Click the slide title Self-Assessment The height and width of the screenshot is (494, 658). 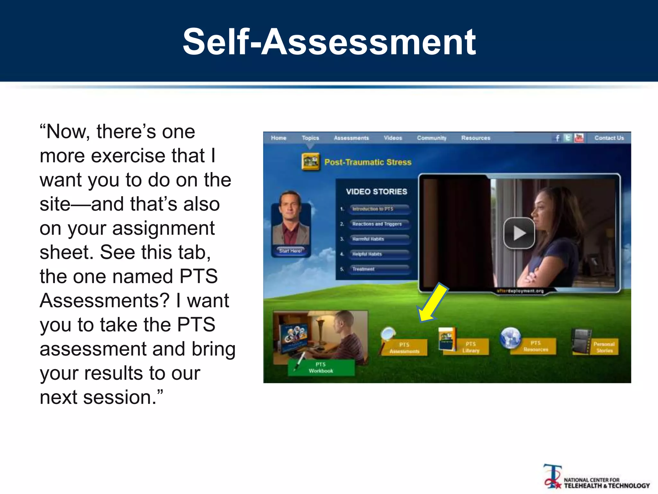[x=329, y=42]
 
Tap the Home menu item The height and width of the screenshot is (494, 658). [x=278, y=138]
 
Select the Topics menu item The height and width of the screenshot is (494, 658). [x=310, y=138]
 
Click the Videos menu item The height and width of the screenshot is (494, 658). [x=393, y=138]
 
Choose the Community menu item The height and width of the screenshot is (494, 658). [x=431, y=138]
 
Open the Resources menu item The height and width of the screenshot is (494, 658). [x=476, y=138]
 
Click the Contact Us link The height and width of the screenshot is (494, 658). [x=609, y=138]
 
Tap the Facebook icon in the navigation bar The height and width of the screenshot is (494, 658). [x=557, y=138]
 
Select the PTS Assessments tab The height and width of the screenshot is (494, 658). [x=404, y=348]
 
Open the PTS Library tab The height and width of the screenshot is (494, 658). [x=471, y=347]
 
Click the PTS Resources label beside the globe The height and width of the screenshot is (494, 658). [x=536, y=346]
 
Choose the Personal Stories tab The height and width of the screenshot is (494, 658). [x=604, y=347]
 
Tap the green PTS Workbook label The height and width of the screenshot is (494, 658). [x=321, y=368]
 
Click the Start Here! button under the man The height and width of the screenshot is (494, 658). [x=290, y=251]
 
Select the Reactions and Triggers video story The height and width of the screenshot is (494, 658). [x=377, y=224]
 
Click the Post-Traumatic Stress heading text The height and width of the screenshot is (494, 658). [x=368, y=162]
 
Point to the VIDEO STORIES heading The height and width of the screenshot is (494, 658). [x=376, y=192]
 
